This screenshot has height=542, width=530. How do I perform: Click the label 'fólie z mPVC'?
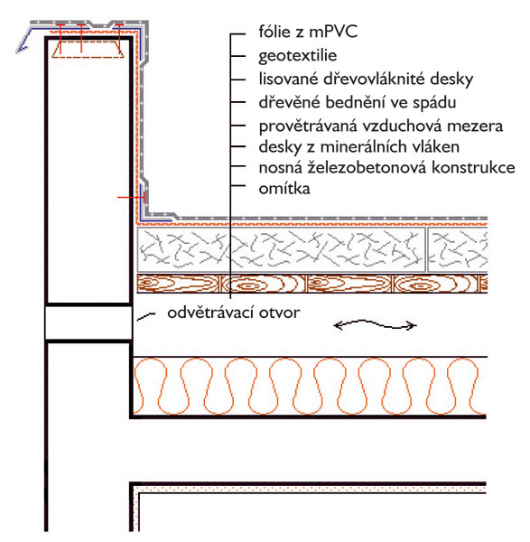(x=308, y=33)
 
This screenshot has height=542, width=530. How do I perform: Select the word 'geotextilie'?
(x=297, y=56)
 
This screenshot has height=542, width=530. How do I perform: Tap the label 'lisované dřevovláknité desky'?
(x=366, y=79)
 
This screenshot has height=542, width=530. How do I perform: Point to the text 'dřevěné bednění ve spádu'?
(x=358, y=103)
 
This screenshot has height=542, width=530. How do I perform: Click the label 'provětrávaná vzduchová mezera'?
(x=381, y=126)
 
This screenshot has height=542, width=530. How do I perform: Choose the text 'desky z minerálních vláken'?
(x=359, y=147)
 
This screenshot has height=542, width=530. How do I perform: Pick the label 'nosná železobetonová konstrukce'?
(x=387, y=168)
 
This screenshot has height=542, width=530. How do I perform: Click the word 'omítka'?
(x=284, y=189)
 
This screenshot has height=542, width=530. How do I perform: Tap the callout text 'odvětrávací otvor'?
(x=234, y=313)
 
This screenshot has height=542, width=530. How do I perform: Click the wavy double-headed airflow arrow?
(x=375, y=324)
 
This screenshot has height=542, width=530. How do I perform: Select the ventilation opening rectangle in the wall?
(x=88, y=322)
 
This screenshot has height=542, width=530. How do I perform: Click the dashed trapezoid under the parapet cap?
(x=88, y=49)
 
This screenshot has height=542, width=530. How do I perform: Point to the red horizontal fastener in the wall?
(x=131, y=197)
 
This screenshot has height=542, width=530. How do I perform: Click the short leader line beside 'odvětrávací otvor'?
(x=145, y=316)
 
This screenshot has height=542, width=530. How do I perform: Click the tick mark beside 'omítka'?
(x=238, y=186)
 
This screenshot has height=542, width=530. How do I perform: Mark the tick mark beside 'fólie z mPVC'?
(x=238, y=34)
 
